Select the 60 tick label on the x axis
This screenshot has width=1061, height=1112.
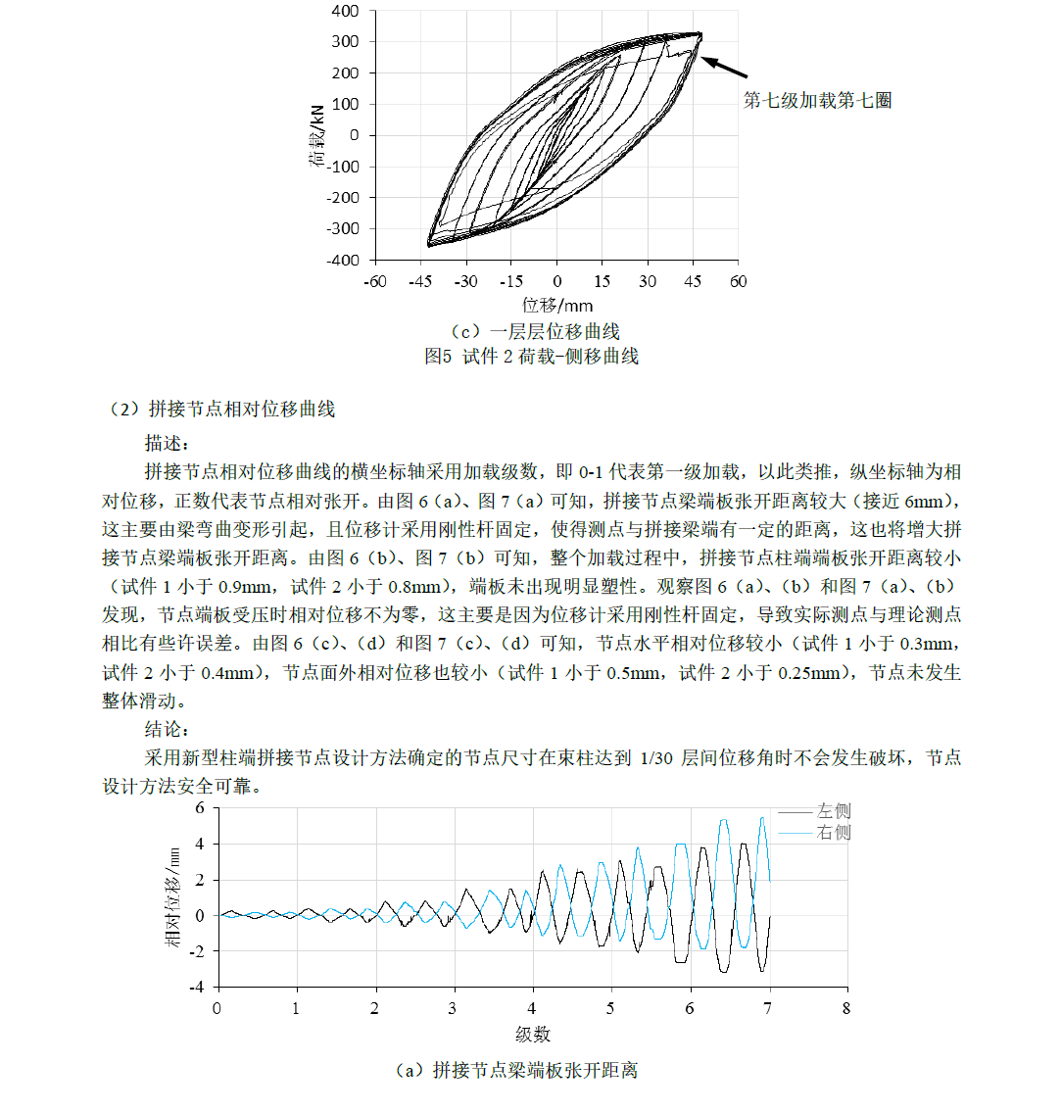coord(738,282)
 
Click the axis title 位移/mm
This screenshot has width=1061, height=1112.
coord(556,306)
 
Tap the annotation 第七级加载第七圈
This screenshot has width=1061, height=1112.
coord(817,100)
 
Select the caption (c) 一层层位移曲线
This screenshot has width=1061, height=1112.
coord(527,332)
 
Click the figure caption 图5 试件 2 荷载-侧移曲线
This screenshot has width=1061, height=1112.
coord(531,357)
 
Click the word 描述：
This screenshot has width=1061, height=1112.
coord(167,443)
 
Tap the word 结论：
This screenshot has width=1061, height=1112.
coord(167,730)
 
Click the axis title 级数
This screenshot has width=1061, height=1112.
coord(532,1035)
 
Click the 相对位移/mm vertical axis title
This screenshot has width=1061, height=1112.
coord(174,896)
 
